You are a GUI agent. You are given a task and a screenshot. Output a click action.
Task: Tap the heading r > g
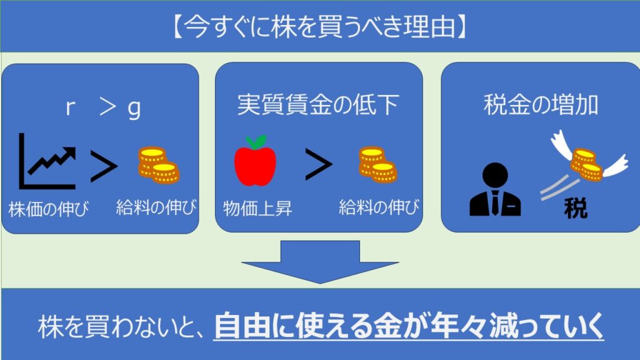point(103,109)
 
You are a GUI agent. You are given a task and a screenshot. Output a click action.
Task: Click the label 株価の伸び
point(48,208)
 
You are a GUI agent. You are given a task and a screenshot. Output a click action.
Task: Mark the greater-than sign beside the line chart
point(104,166)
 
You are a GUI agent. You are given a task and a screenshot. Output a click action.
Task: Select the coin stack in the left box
point(158,165)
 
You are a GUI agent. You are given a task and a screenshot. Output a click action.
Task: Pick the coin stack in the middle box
point(377,165)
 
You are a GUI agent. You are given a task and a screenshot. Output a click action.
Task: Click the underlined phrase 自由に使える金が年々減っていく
point(409,326)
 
